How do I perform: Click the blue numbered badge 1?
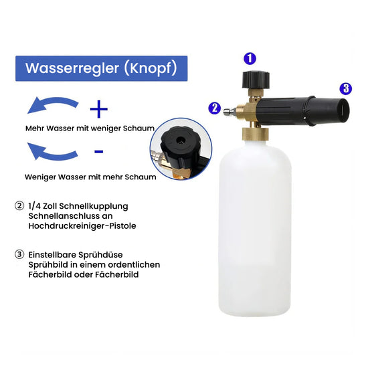pos(250,58)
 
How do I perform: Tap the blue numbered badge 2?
pos(215,108)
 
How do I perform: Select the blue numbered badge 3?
pos(346,89)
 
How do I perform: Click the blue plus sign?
pos(99,109)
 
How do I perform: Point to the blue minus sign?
pos(99,152)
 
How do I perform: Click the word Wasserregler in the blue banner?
pos(72,68)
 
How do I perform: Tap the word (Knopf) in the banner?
pos(151,68)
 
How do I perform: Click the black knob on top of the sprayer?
pos(256,80)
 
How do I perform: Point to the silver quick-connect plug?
pos(229,110)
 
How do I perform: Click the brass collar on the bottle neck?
pos(256,134)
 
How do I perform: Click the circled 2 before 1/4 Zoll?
pos(19,206)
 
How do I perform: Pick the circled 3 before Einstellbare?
pos(19,254)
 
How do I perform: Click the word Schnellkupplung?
pos(94,206)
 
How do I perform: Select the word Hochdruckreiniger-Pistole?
pos(82,225)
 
